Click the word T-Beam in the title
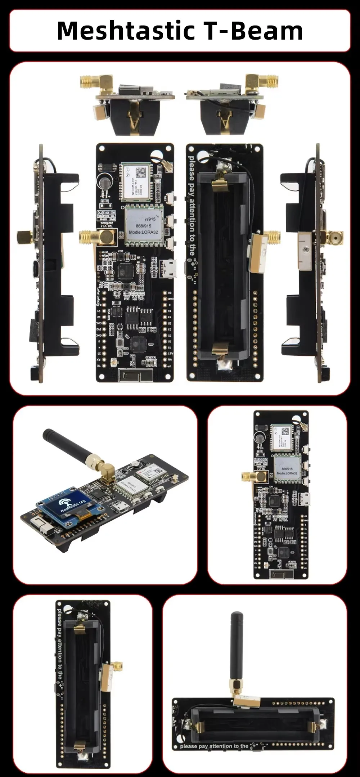click(254, 31)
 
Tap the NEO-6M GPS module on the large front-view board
click(136, 182)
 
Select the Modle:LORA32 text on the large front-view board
click(143, 232)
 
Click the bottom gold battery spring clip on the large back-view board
click(220, 349)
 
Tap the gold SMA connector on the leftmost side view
click(24, 237)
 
